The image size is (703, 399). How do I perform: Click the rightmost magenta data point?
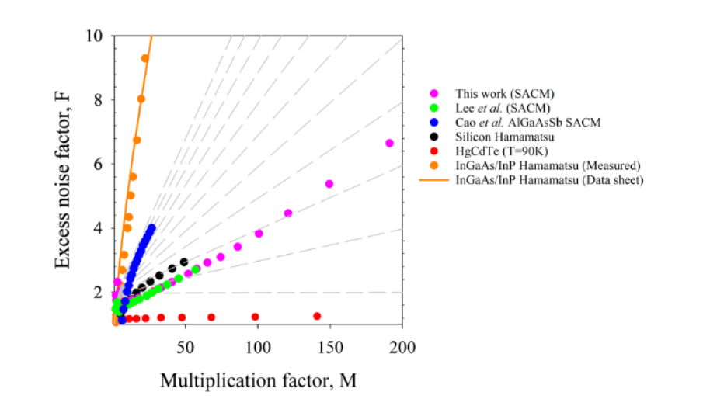click(389, 143)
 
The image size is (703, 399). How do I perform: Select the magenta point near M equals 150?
click(329, 184)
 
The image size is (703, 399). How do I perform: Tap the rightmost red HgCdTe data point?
click(317, 316)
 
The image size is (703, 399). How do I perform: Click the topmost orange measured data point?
click(145, 58)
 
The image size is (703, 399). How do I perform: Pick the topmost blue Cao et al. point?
click(152, 228)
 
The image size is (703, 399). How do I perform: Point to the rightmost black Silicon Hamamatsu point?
click(184, 262)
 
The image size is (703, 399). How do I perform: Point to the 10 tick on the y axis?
click(96, 36)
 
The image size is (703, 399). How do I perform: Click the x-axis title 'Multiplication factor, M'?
click(258, 380)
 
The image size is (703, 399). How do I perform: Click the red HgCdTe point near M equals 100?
click(255, 317)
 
